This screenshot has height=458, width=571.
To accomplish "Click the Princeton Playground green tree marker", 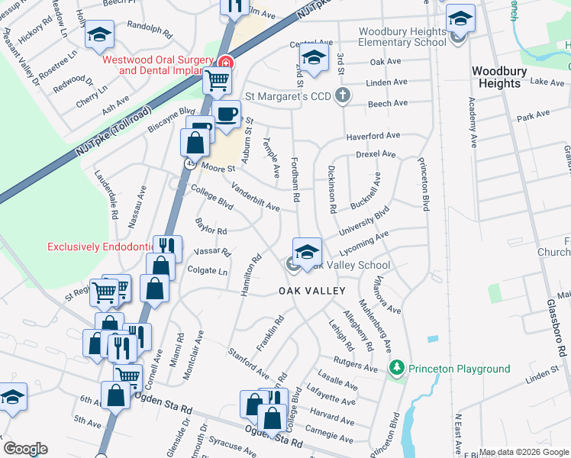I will pos(396,369).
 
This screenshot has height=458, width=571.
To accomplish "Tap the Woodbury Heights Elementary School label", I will pos(402,37).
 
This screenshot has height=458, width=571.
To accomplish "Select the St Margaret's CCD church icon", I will pos(343,96).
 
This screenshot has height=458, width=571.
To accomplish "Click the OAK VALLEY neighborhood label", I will pos(311,291).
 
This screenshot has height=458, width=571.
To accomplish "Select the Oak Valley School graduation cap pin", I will pos(307,251).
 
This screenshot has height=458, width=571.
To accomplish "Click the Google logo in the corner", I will pos(25,449).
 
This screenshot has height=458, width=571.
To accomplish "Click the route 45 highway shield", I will pos(188,163).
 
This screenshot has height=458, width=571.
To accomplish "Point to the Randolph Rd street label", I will pos(147,29).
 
